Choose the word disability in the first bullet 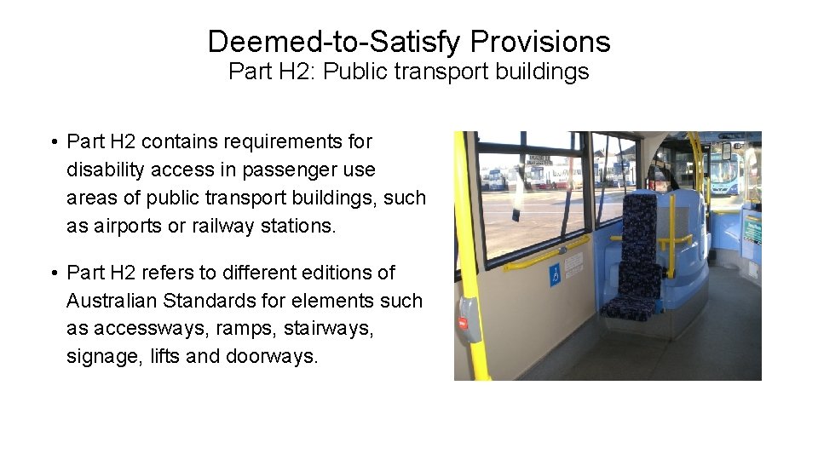[x=106, y=170]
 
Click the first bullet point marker [x=53, y=141]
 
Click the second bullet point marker [x=53, y=273]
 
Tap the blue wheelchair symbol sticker [x=555, y=275]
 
